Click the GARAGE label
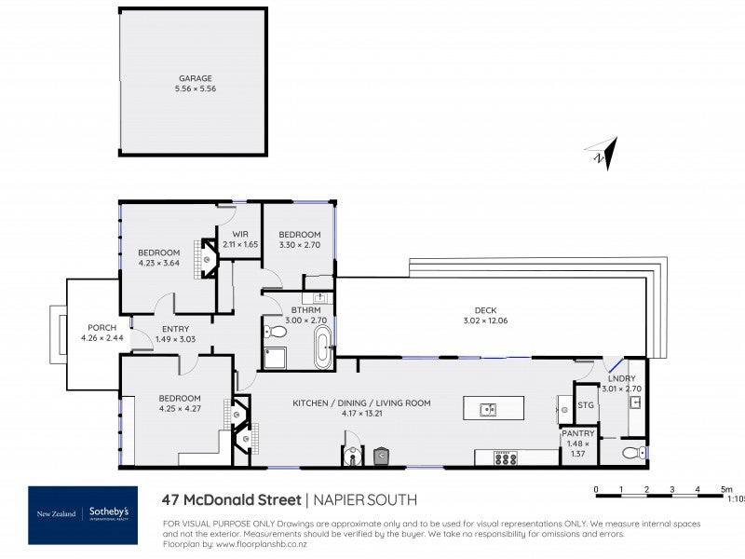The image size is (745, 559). pyautogui.click(x=196, y=79)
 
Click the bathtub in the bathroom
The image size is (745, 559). pyautogui.click(x=323, y=347)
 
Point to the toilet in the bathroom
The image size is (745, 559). pyautogui.click(x=276, y=331)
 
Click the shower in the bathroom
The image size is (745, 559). pyautogui.click(x=276, y=357)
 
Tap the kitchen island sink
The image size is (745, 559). pyautogui.click(x=487, y=409)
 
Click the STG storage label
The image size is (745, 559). pyautogui.click(x=586, y=404)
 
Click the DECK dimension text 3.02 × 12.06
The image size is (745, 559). pyautogui.click(x=484, y=321)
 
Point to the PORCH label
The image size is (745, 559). pyautogui.click(x=102, y=327)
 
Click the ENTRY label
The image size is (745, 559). pyautogui.click(x=175, y=328)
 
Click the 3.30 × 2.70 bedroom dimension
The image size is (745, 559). pyautogui.click(x=299, y=245)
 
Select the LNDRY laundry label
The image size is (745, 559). pyautogui.click(x=621, y=378)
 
